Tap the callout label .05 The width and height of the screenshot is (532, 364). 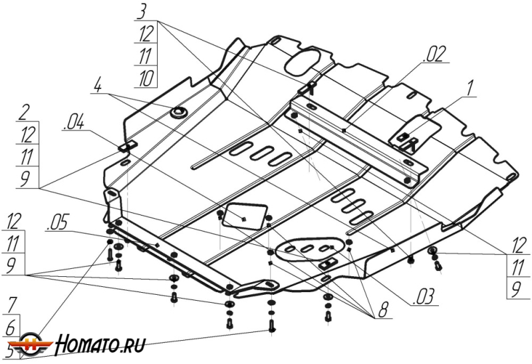point(57,224)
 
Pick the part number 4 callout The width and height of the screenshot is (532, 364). point(97,87)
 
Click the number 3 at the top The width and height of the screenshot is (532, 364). point(143,11)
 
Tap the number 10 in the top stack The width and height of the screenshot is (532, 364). point(144,78)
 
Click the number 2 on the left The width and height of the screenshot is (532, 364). point(25,111)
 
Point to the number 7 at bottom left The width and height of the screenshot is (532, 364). point(12,306)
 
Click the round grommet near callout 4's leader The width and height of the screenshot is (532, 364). point(178,112)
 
